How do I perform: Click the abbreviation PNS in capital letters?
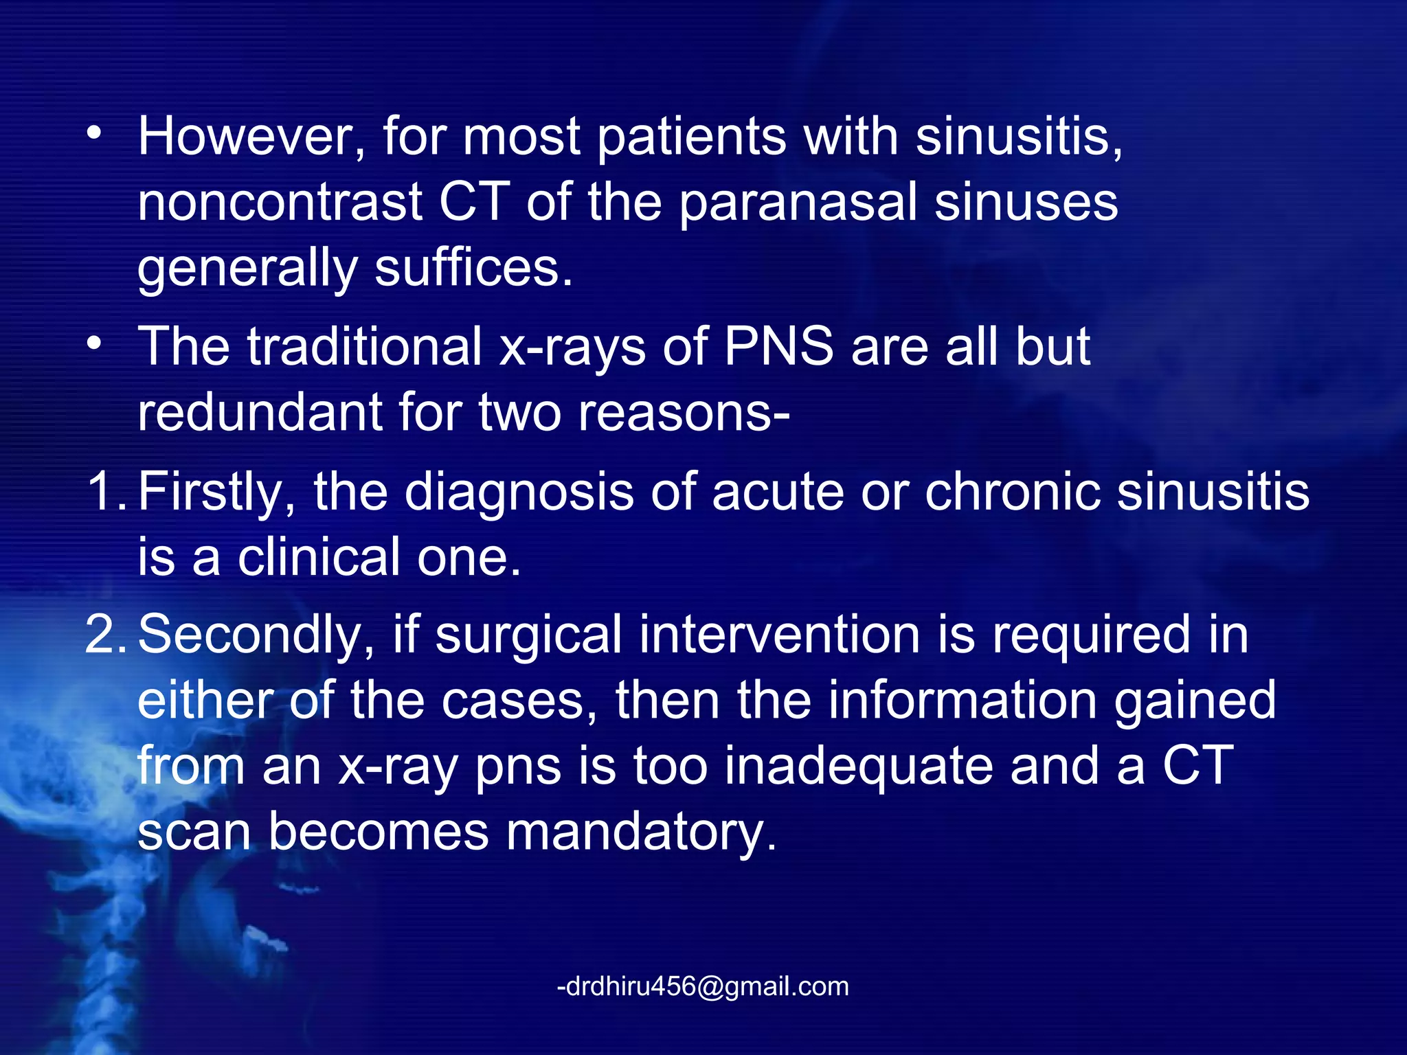pyautogui.click(x=778, y=345)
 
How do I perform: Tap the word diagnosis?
pyautogui.click(x=519, y=492)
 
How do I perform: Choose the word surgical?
pyautogui.click(x=528, y=635)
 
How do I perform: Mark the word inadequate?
pyautogui.click(x=859, y=766)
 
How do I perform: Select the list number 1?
pyautogui.click(x=103, y=492)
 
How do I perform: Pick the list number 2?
pyautogui.click(x=103, y=635)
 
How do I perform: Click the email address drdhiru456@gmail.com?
pyautogui.click(x=703, y=986)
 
